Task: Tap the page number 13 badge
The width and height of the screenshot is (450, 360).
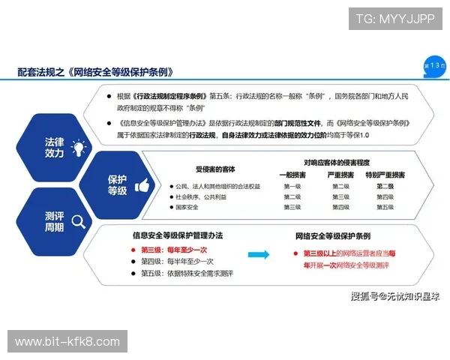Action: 434,66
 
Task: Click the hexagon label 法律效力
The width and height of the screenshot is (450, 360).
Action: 54,147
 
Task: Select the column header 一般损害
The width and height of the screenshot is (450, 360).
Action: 292,174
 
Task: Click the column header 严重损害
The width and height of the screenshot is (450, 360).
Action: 340,174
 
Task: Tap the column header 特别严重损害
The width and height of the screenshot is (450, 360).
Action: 384,174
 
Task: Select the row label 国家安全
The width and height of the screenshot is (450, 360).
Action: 187,207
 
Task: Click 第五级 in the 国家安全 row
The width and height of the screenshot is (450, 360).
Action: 384,207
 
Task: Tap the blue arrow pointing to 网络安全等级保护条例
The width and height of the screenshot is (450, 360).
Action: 259,255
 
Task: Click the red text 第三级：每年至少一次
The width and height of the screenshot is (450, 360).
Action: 176,248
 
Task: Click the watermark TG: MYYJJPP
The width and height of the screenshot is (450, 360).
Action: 394,19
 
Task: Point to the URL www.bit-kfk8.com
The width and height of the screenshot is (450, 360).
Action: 67,342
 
